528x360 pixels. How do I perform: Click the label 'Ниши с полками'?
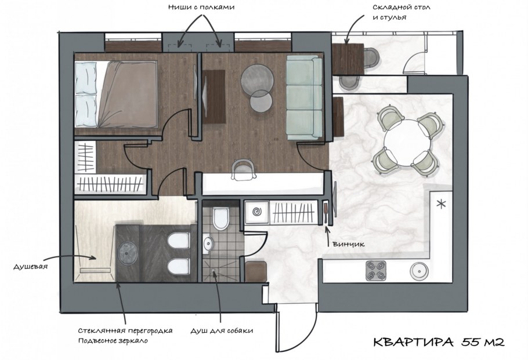201,8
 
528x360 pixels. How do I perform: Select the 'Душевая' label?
30,267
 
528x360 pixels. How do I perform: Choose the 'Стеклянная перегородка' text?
125,331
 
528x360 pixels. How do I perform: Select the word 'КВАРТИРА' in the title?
412,342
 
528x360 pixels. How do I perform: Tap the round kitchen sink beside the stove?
419,270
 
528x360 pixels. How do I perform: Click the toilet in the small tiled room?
221,219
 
